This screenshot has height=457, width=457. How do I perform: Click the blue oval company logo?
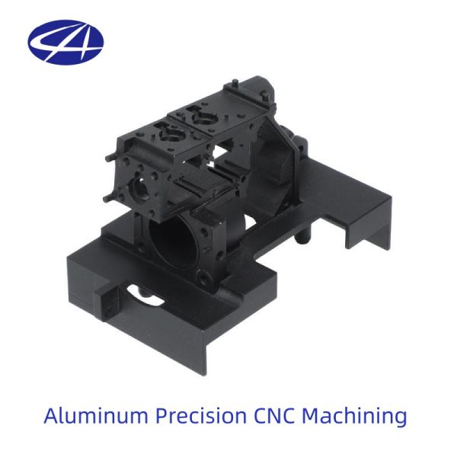coord(66,42)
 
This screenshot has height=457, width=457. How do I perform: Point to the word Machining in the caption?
coord(354,417)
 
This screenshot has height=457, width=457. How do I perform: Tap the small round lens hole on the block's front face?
coord(139,189)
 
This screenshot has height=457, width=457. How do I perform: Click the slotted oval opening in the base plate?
coord(145,295)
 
